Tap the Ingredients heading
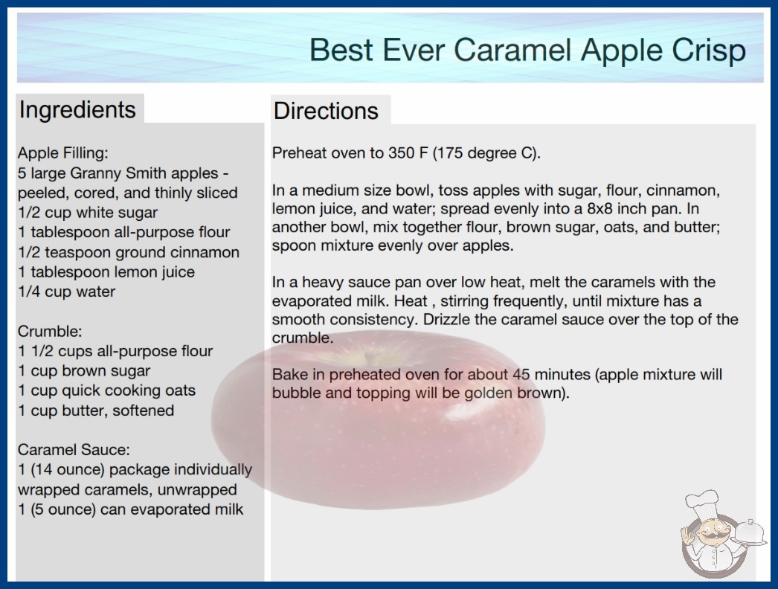point(77,109)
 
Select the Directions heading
point(326,111)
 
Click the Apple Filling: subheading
point(63,153)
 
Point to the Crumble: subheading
point(50,331)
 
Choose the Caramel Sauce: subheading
point(74,450)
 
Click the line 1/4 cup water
point(66,292)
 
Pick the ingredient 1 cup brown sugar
point(84,370)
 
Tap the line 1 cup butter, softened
point(96,411)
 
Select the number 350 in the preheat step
point(401,153)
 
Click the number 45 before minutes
point(521,374)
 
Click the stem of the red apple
point(369,356)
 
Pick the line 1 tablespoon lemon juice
point(106,272)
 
